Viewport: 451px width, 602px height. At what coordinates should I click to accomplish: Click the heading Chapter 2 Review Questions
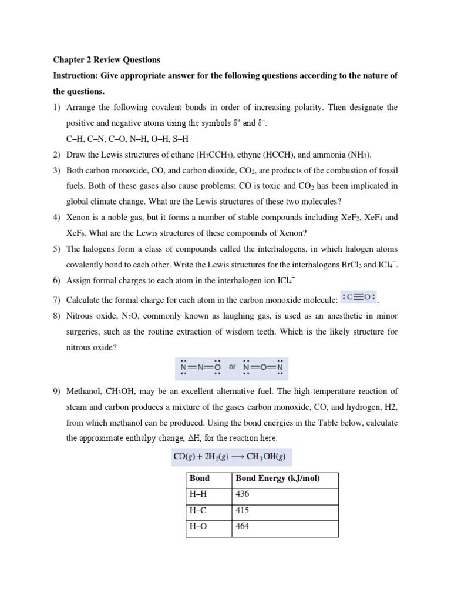pos(106,60)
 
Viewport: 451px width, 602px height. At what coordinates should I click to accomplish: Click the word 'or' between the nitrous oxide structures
pos(232,367)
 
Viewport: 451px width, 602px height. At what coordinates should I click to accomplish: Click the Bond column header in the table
pos(200,479)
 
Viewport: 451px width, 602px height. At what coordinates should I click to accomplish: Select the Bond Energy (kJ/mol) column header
pos(278,479)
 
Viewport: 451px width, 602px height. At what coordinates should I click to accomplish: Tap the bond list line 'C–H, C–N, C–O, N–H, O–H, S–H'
pos(126,139)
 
